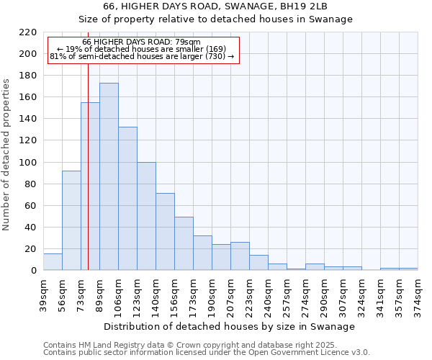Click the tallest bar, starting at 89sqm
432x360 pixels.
pyautogui.click(x=109, y=176)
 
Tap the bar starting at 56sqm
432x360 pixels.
pyautogui.click(x=71, y=220)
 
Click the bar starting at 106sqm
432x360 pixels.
pyautogui.click(x=127, y=198)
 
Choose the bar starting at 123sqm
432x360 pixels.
pyautogui.click(x=146, y=216)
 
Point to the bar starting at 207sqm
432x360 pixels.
pyautogui.click(x=240, y=256)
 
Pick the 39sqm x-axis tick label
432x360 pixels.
pyautogui.click(x=44, y=293)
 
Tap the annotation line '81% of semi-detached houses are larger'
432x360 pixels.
pyautogui.click(x=142, y=56)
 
